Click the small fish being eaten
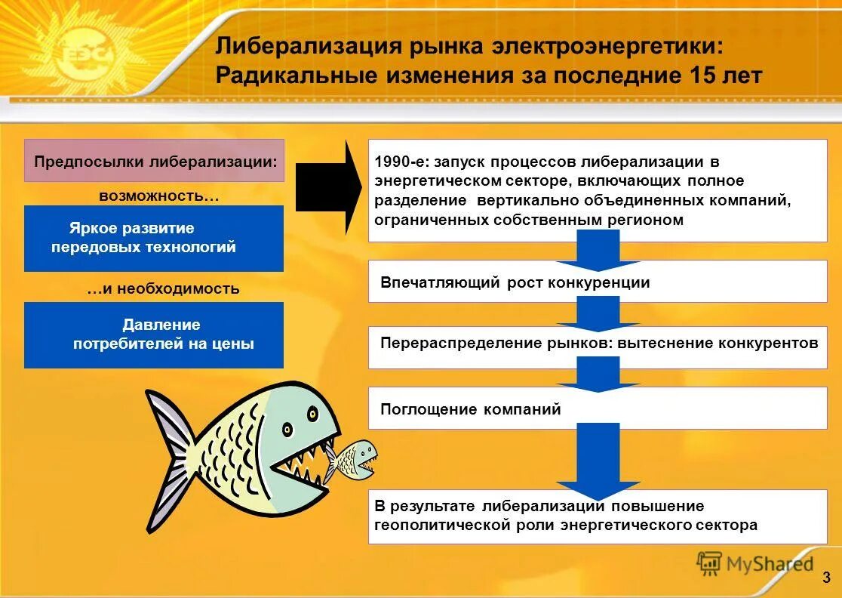[x=353, y=459]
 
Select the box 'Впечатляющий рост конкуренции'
[x=598, y=282]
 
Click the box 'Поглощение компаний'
[x=598, y=409]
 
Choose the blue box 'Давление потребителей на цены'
[x=154, y=334]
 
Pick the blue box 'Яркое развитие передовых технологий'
[x=154, y=238]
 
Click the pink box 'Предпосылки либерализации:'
[x=154, y=161]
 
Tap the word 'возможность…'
[x=158, y=196]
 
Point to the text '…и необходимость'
[x=163, y=288]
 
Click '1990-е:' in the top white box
[x=398, y=162]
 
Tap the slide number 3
[x=827, y=578]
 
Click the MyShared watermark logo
[x=755, y=563]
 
